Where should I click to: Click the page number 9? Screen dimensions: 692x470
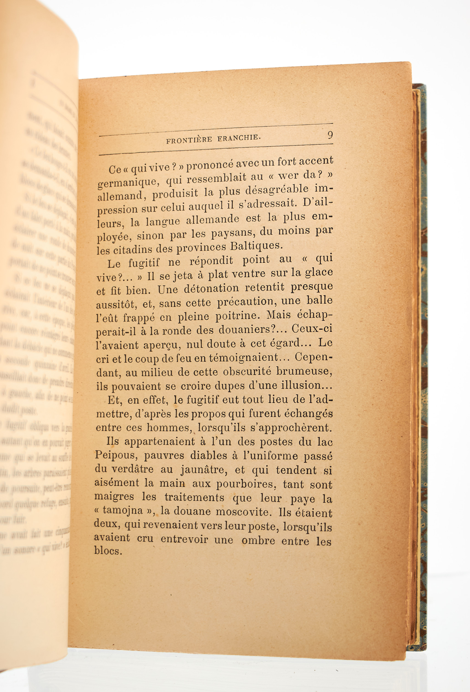[x=330, y=135]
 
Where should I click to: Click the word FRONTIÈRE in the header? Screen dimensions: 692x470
[x=189, y=140]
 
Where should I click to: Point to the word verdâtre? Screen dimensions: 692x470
[x=132, y=469]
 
